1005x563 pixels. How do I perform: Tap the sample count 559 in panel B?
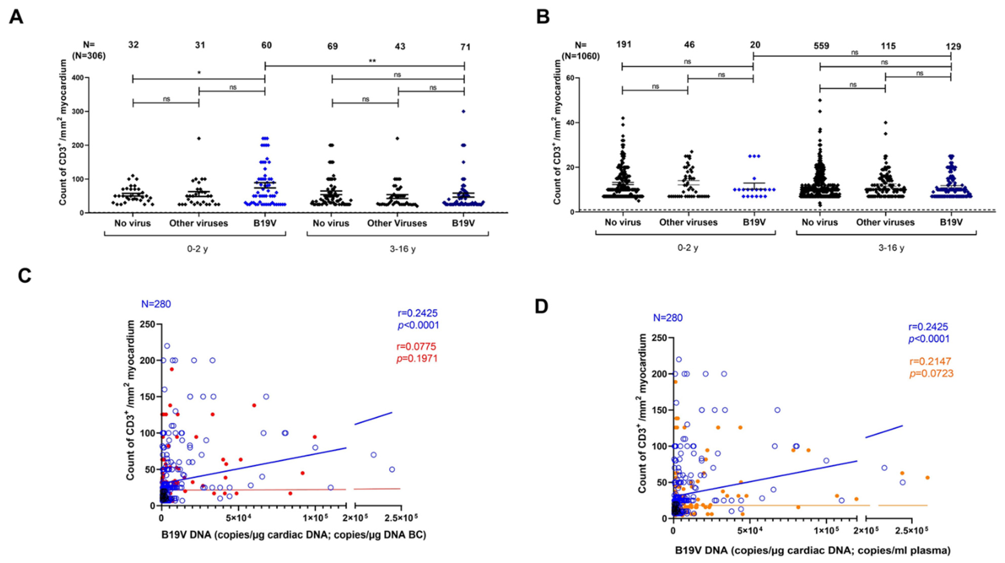click(x=821, y=46)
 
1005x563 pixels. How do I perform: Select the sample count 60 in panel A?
click(x=266, y=46)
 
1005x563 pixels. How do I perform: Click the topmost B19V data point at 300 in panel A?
click(x=464, y=111)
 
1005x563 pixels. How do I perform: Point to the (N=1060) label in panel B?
click(x=580, y=56)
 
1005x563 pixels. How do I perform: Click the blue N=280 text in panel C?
click(x=156, y=304)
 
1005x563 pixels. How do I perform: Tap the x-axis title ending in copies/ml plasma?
click(x=813, y=551)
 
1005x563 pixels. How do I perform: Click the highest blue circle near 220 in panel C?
click(x=167, y=346)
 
